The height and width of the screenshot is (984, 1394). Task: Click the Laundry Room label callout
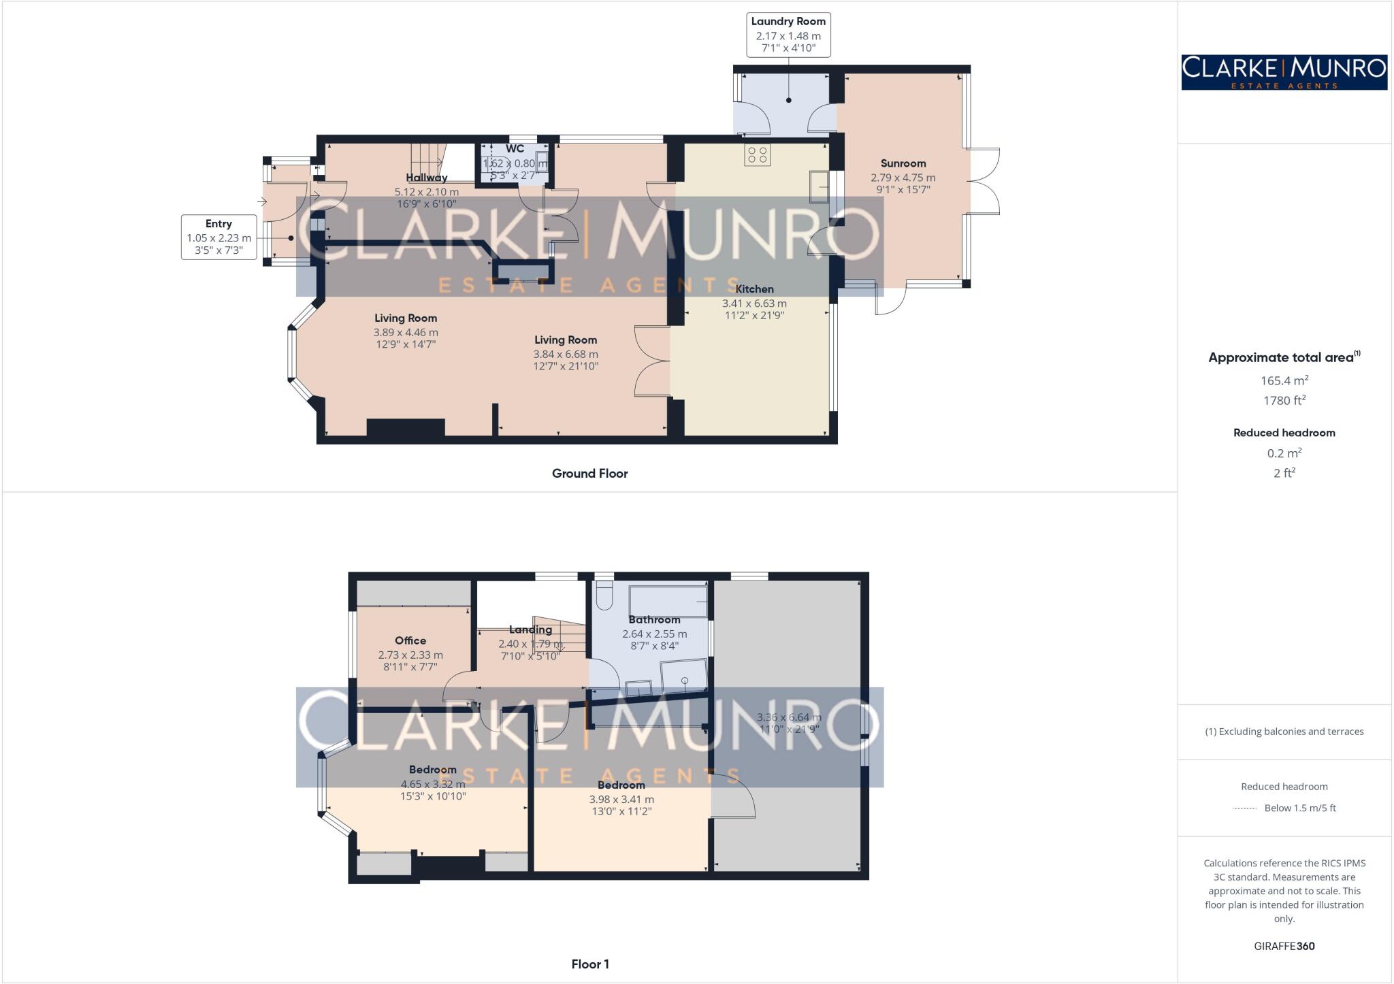click(788, 35)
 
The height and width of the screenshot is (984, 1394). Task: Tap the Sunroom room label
click(903, 163)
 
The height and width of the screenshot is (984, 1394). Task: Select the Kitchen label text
click(754, 289)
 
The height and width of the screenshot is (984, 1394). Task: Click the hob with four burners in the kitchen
click(757, 155)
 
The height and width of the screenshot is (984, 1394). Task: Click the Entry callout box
click(218, 237)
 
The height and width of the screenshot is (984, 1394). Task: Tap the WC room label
click(515, 149)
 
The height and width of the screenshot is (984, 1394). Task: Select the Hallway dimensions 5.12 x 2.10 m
click(427, 192)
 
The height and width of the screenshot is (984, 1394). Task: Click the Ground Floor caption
click(589, 474)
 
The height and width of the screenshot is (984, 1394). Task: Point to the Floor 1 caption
click(589, 964)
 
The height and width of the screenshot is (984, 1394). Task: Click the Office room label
click(410, 640)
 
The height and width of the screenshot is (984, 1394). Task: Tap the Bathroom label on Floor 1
click(654, 620)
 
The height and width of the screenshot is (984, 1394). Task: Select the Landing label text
click(530, 630)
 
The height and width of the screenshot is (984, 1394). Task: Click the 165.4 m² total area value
click(1284, 380)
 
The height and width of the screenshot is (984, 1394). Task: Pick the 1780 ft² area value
click(1284, 401)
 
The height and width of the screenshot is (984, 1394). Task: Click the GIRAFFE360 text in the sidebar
click(1284, 946)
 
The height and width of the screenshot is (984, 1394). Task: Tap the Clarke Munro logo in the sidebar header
click(1284, 72)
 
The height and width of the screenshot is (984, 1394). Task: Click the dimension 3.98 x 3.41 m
click(621, 800)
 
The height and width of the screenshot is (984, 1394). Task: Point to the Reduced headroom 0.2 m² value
click(1284, 453)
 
